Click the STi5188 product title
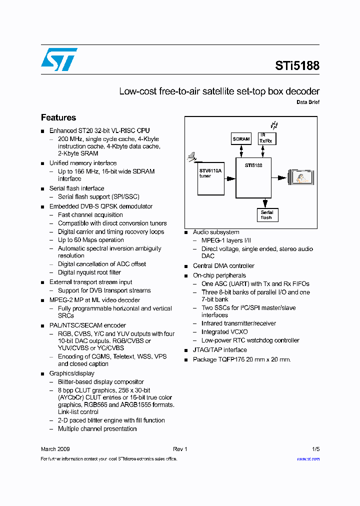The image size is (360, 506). [297, 65]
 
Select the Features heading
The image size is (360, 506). [58, 117]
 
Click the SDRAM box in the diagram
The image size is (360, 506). [241, 139]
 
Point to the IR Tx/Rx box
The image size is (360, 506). [267, 138]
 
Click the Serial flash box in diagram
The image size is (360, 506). [266, 215]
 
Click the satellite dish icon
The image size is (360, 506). [192, 157]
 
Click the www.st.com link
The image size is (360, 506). [308, 458]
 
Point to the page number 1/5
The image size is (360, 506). [315, 449]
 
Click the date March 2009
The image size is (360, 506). [55, 449]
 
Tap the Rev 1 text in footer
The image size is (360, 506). [179, 449]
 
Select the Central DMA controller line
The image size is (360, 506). [223, 266]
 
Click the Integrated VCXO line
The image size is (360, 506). [224, 332]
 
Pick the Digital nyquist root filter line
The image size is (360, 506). [89, 272]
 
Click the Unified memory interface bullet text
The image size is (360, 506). [83, 163]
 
